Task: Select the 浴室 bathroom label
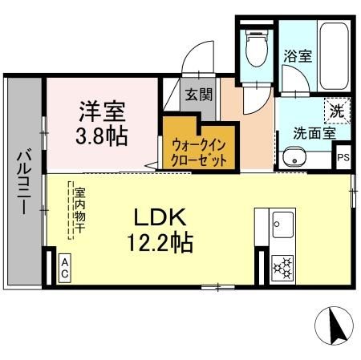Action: click(297, 57)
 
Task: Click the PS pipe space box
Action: click(343, 156)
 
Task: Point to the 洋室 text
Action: click(101, 108)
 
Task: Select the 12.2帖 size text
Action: click(160, 241)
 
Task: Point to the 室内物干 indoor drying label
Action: click(79, 212)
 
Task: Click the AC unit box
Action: click(65, 267)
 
